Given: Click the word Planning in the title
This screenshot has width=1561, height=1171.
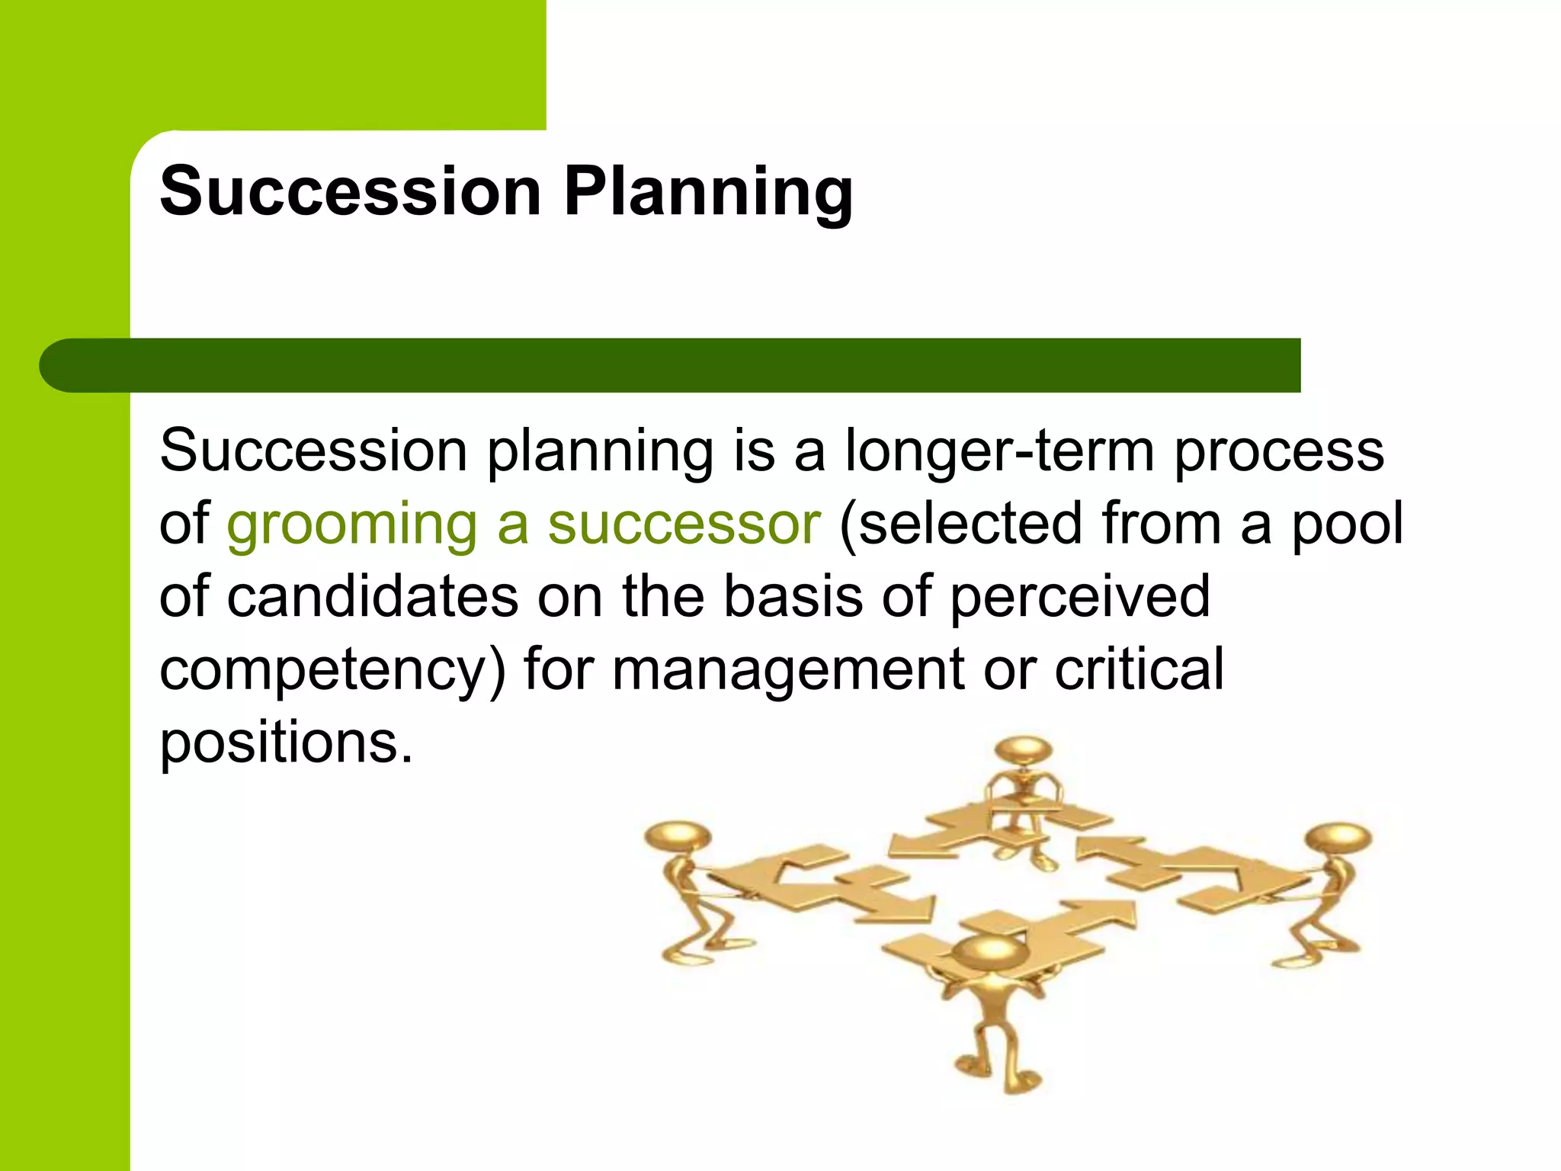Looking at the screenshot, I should (x=708, y=192).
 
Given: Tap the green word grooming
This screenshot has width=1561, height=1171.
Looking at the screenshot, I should (x=352, y=526).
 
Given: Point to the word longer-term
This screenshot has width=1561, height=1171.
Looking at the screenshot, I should (x=999, y=451).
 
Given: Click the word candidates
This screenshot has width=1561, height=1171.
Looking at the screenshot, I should (x=373, y=597).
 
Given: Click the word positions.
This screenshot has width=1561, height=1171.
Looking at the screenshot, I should (x=286, y=743).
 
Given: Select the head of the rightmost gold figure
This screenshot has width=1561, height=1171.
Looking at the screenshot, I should (x=1338, y=839).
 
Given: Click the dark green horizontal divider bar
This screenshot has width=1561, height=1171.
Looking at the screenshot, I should (x=671, y=365).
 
